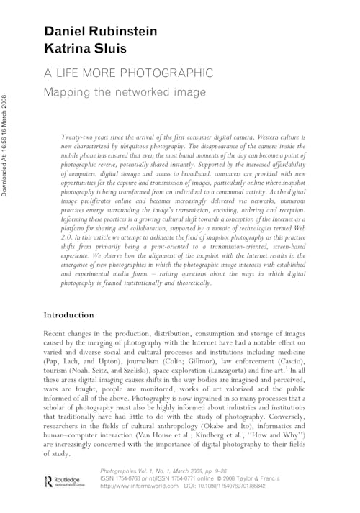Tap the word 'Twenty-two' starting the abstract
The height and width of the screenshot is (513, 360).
pyautogui.click(x=81, y=136)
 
